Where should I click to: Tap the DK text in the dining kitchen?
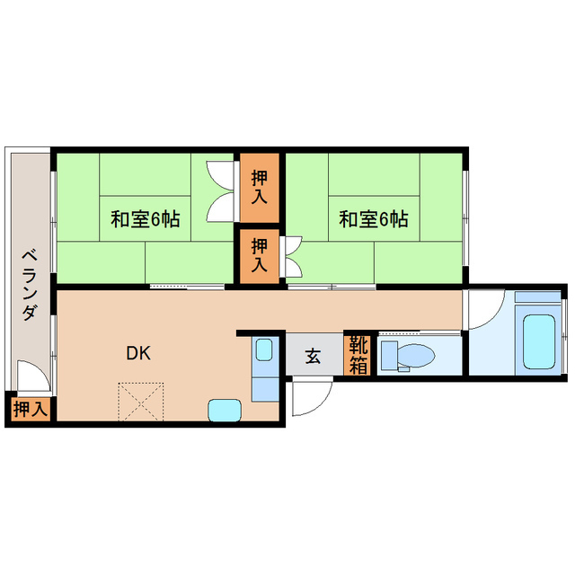tap(137, 353)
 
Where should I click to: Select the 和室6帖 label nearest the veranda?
tap(146, 219)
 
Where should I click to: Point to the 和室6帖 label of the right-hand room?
tap(375, 219)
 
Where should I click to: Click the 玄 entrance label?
tap(312, 357)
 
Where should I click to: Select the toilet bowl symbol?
tap(414, 356)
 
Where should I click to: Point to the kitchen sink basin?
tap(264, 350)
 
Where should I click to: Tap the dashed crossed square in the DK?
tap(141, 401)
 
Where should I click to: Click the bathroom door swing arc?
tap(483, 309)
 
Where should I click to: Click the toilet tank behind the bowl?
tap(387, 356)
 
